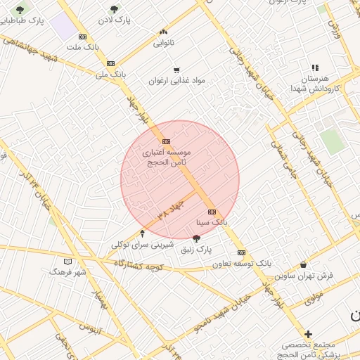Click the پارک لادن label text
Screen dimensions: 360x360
pos(115,21)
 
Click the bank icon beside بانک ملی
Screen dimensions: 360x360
pos(110,63)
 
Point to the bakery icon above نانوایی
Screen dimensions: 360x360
pos(163,32)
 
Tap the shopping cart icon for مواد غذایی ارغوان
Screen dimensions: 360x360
pos(176,70)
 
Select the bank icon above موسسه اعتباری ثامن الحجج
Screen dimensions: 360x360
pos(166,141)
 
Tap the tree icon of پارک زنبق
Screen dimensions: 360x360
pos(195,238)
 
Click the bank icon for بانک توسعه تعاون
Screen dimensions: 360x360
pos(241,252)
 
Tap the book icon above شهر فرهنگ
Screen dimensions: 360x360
pos(67,262)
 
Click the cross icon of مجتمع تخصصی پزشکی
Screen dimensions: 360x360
pos(308,334)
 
